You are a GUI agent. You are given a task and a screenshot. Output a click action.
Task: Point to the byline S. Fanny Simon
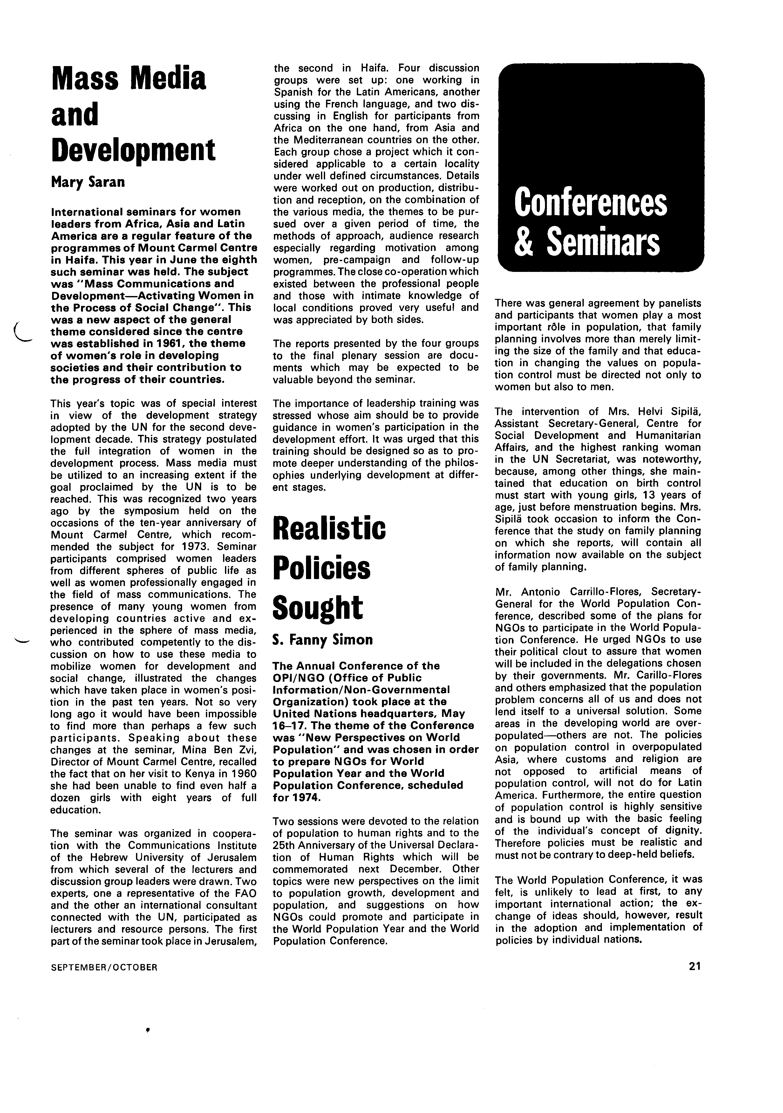pyautogui.click(x=323, y=640)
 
